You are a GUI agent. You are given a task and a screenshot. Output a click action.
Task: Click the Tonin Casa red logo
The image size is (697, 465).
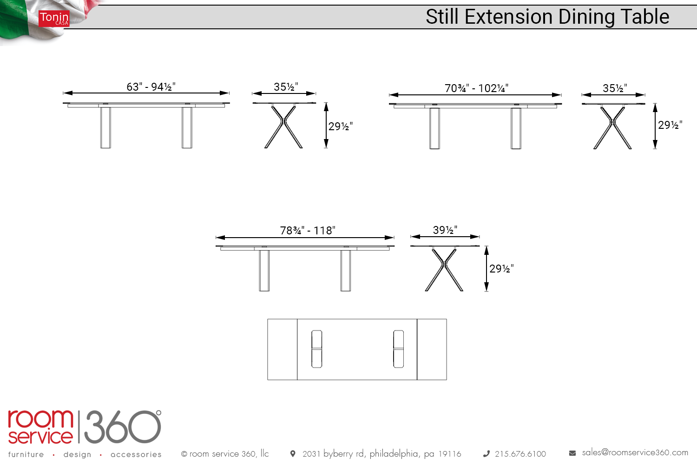click(54, 19)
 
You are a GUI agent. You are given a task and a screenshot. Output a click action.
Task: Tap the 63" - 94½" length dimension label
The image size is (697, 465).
click(151, 86)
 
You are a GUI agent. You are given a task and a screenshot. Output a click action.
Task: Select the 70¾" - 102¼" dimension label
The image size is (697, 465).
click(476, 88)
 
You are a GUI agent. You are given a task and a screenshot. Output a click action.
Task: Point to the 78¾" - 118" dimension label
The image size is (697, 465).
click(308, 231)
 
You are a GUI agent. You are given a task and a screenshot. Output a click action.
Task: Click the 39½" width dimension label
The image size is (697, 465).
click(445, 230)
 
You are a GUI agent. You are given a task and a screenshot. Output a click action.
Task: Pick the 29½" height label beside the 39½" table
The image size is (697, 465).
click(501, 268)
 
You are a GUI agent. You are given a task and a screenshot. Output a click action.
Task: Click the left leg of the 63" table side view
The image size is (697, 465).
click(105, 128)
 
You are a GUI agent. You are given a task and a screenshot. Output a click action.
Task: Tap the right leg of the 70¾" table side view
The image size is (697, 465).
click(516, 129)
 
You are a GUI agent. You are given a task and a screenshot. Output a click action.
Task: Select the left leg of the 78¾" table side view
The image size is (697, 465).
click(264, 271)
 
